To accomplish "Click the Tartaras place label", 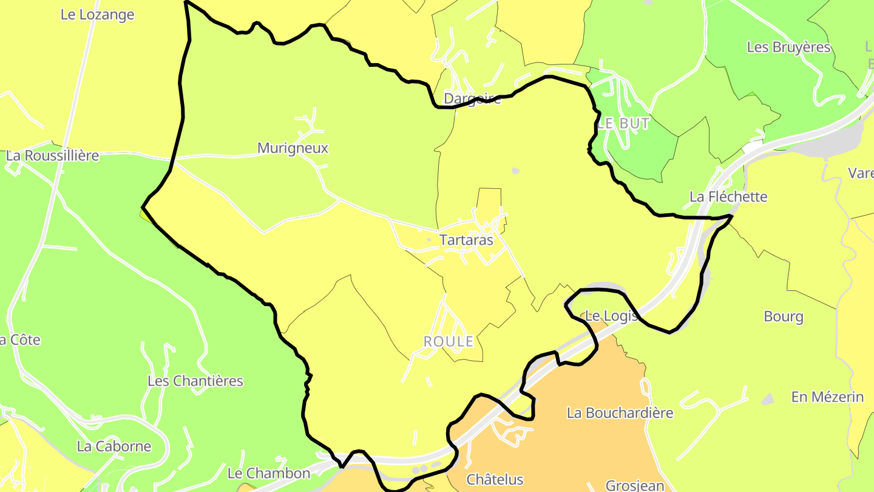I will point(466,240).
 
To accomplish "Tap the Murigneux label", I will point(293,148).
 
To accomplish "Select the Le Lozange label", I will point(97,15).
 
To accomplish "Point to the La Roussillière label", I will point(52,155).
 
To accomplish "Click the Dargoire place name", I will point(473,99).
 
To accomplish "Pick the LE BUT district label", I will point(623,124).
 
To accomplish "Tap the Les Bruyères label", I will point(788,47).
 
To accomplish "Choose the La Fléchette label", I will point(728,197).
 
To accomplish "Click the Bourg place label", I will point(784,316).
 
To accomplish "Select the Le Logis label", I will point(611,316).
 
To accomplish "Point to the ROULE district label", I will point(449,342).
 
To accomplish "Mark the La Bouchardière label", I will point(620,413).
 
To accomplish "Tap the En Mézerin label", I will point(827,397).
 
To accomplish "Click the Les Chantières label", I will point(195,381).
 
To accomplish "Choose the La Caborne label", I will point(114,446).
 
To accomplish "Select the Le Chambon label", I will point(268,473).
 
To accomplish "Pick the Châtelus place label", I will point(495,480).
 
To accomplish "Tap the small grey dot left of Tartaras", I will point(429,240).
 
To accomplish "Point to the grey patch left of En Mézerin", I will point(768,399).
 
